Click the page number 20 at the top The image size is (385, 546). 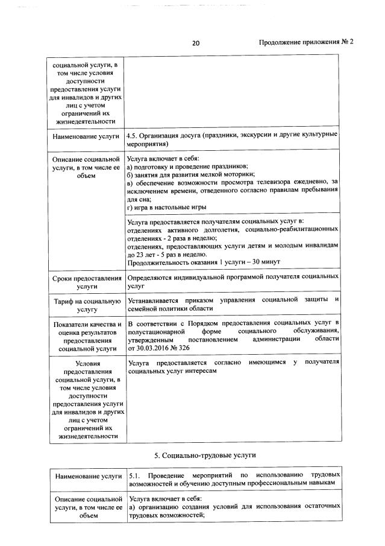tap(196, 43)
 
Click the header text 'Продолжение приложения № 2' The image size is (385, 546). tap(305, 43)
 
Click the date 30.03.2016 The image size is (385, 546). tap(156, 348)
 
